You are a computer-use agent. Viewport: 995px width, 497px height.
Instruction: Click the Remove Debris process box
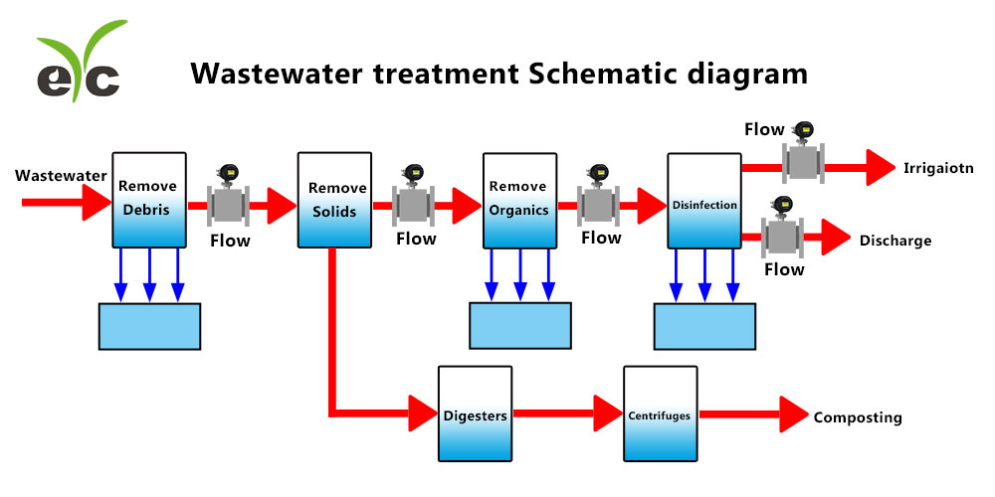[149, 199]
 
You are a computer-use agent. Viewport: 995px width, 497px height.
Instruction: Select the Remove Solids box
[335, 199]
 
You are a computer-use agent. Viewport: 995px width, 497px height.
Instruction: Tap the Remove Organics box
[519, 199]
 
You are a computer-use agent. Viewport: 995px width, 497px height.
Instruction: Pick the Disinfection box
[704, 201]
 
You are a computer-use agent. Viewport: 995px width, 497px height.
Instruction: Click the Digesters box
[476, 414]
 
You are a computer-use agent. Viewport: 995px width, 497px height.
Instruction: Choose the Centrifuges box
[660, 414]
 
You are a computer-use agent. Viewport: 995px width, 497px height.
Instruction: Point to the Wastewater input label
[61, 176]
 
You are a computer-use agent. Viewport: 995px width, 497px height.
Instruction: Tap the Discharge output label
[895, 241]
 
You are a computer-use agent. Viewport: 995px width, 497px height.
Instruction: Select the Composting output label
[858, 417]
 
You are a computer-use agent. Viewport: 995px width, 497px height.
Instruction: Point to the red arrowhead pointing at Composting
[793, 414]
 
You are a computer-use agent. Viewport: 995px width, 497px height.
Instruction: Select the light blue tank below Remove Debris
[149, 326]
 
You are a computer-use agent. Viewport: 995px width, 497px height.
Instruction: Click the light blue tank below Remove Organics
[519, 326]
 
